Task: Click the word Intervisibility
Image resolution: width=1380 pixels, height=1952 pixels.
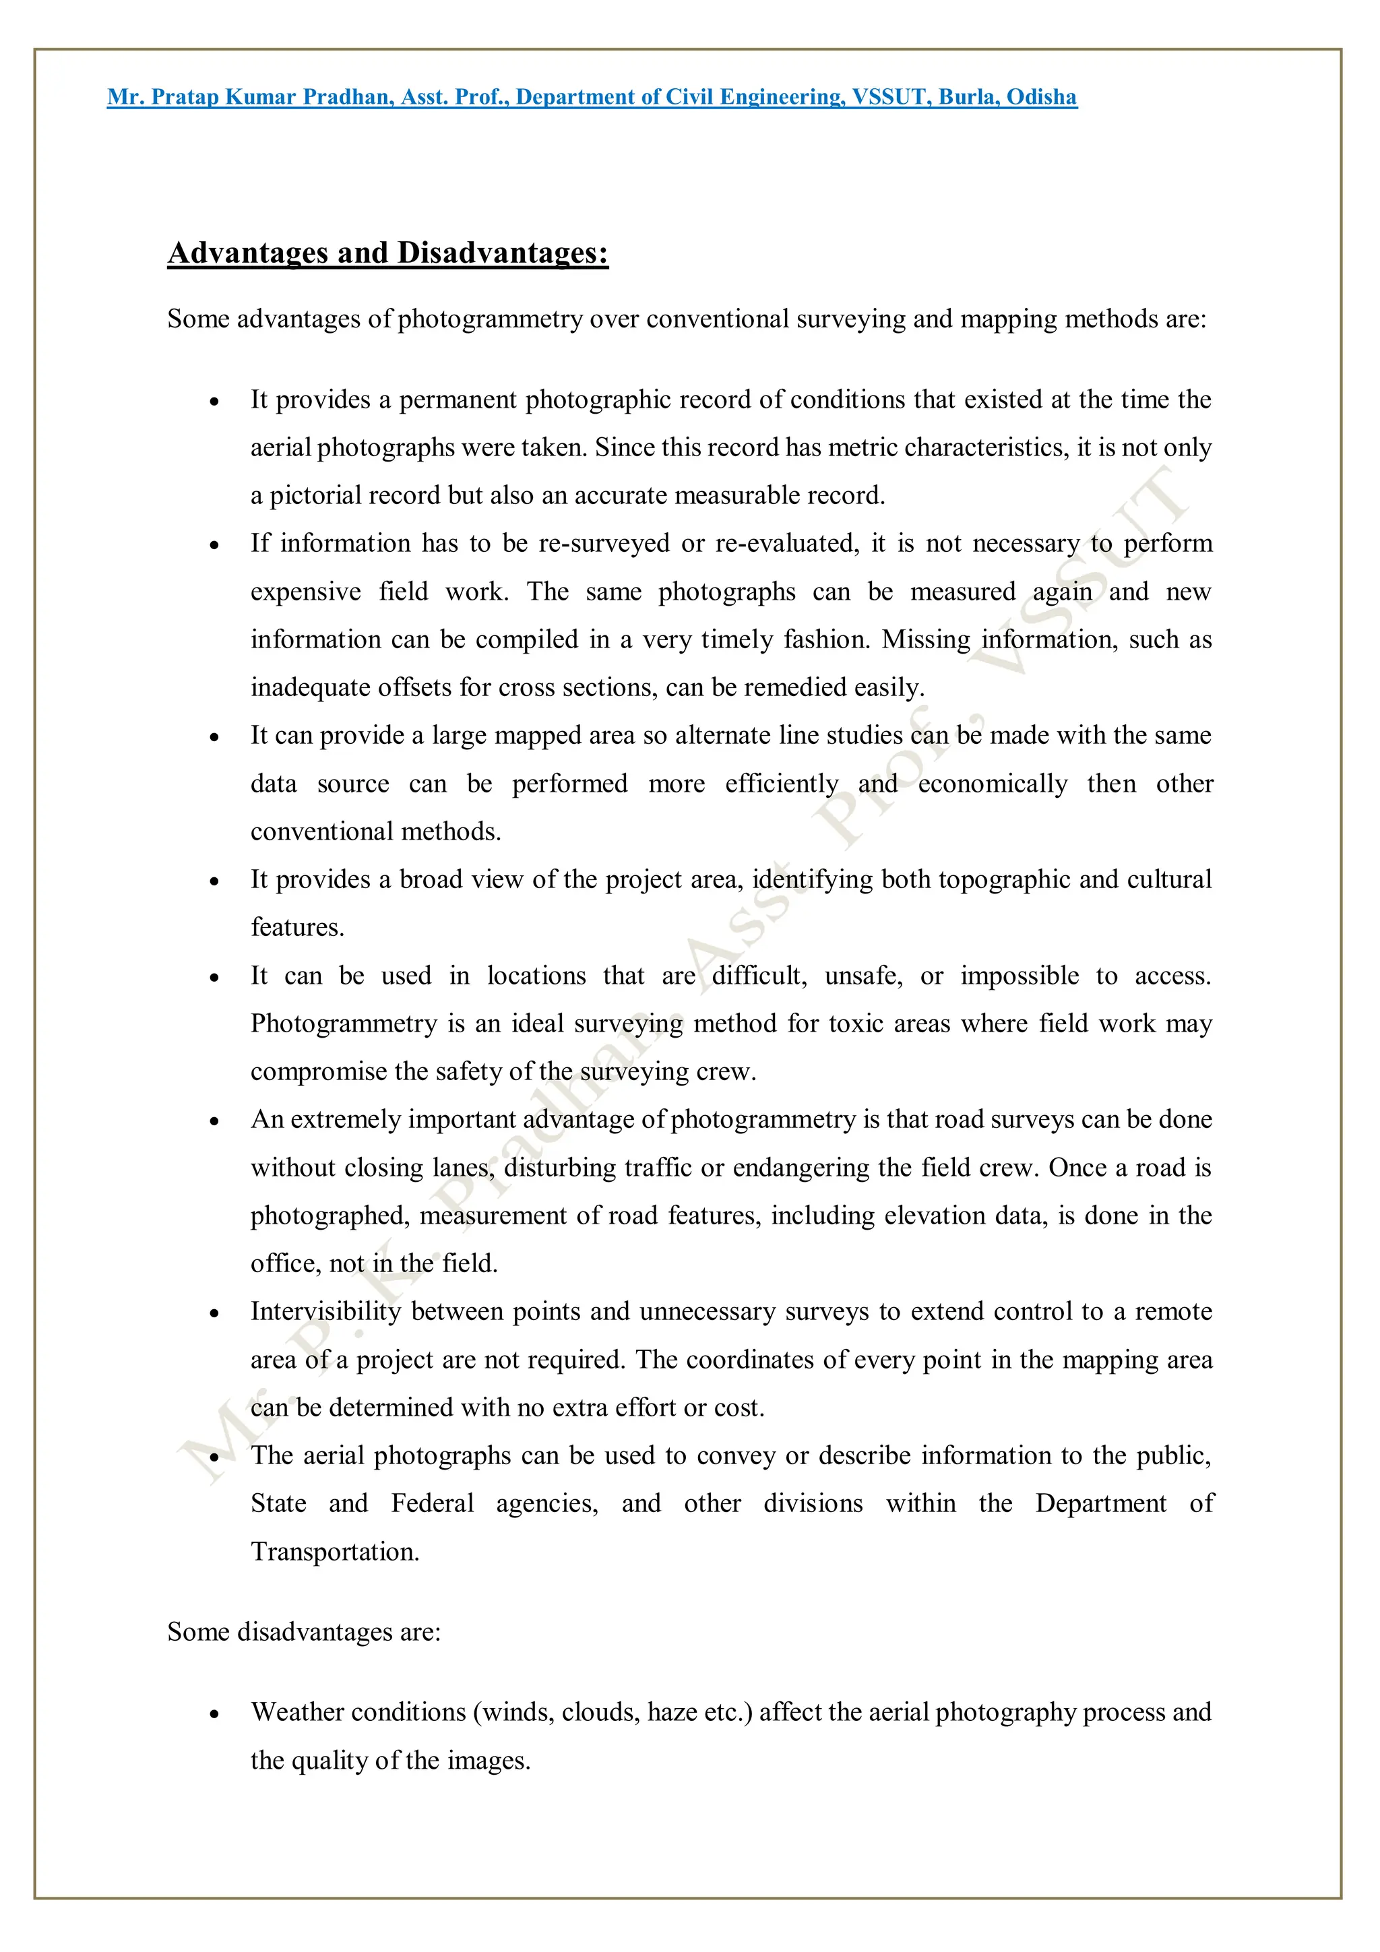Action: [x=325, y=1311]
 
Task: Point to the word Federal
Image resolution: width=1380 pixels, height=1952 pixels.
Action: [x=432, y=1503]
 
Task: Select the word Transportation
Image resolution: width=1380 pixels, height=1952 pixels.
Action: [x=335, y=1552]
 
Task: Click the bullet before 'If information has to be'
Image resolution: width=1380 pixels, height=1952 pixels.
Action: [x=214, y=546]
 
